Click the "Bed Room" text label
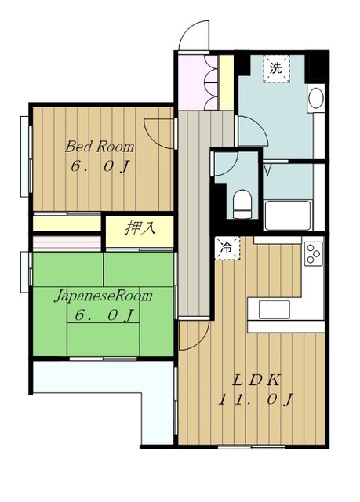click(100, 147)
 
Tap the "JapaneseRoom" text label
click(102, 297)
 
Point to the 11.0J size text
click(256, 400)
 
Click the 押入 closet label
click(140, 228)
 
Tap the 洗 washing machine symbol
click(275, 67)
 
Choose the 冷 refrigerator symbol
click(227, 246)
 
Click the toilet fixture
click(242, 202)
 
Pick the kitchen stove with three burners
click(314, 253)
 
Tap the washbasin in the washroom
click(315, 100)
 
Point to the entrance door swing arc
click(191, 35)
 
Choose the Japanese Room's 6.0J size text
click(102, 316)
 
